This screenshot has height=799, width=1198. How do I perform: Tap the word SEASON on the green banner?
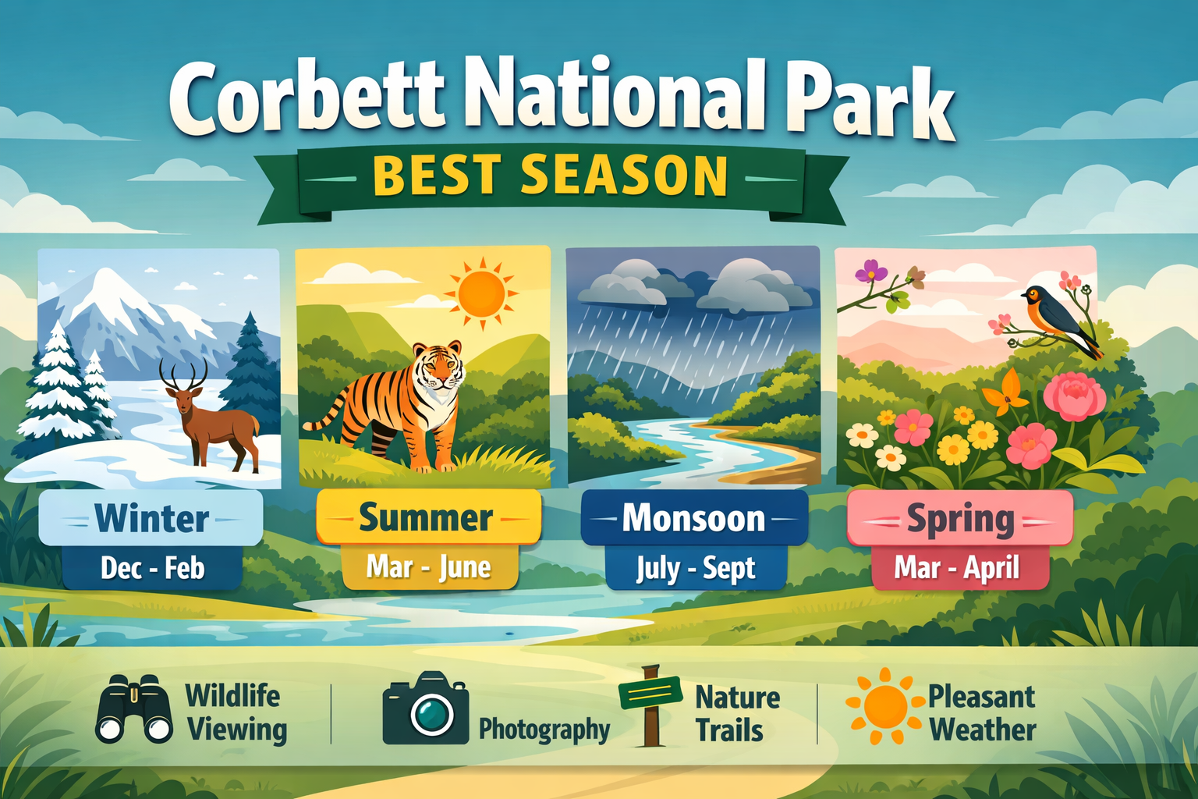pos(624,176)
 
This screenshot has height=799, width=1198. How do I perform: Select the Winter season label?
pos(151,518)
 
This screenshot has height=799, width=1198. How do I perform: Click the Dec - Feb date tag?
pos(152,568)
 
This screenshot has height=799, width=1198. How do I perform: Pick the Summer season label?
pos(427,517)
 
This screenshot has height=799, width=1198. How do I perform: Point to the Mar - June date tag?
pos(429,567)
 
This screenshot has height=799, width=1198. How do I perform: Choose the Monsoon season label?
pos(693,518)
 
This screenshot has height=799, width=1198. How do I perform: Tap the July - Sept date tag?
pos(696,569)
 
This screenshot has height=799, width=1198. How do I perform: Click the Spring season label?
pos(960,519)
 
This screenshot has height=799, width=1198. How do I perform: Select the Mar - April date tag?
pos(957,568)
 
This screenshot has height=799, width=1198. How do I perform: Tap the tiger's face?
pos(438,367)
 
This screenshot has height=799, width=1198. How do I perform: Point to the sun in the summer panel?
pos(481,294)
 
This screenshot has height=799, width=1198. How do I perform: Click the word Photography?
pos(544,729)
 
